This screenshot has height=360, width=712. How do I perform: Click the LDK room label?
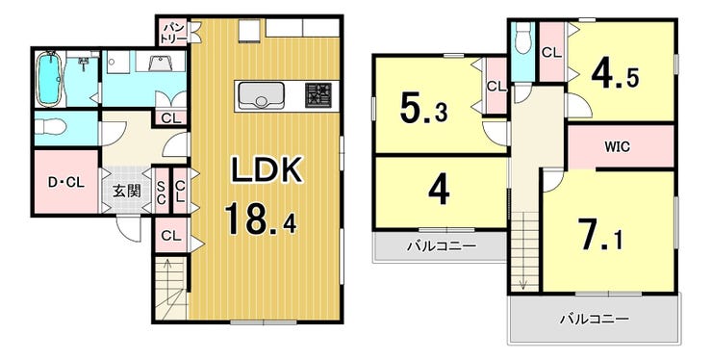(267, 170)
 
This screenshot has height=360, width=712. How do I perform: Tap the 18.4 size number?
(261, 219)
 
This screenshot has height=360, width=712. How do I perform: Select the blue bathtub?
(48, 79)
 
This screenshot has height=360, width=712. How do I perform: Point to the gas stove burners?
(318, 95)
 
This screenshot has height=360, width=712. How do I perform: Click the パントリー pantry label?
(173, 33)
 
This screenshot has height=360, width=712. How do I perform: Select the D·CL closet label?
(66, 183)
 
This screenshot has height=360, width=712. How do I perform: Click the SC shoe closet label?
(161, 191)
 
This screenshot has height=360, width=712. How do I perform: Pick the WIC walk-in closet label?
(617, 147)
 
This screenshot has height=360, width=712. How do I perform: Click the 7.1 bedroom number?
(599, 235)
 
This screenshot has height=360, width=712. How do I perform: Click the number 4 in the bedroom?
(439, 190)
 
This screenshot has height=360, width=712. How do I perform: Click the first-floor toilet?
(51, 127)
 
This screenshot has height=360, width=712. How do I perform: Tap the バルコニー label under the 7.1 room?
(595, 319)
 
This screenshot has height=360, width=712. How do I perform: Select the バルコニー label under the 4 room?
(442, 246)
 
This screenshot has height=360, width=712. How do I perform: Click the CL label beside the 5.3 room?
(496, 86)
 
